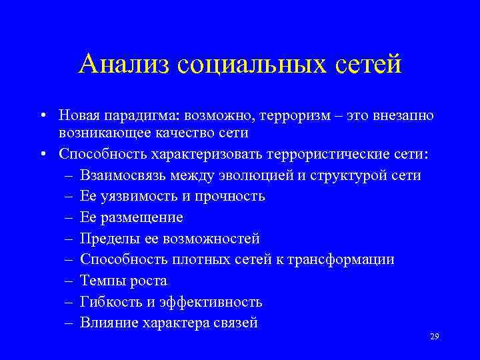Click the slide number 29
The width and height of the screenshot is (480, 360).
(x=435, y=338)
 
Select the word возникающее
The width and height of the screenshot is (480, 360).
(x=105, y=133)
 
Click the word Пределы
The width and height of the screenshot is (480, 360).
(x=105, y=239)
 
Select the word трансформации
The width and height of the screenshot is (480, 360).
(x=348, y=259)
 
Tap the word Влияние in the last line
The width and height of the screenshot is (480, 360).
(x=107, y=323)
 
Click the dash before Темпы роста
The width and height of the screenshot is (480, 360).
(x=69, y=281)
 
